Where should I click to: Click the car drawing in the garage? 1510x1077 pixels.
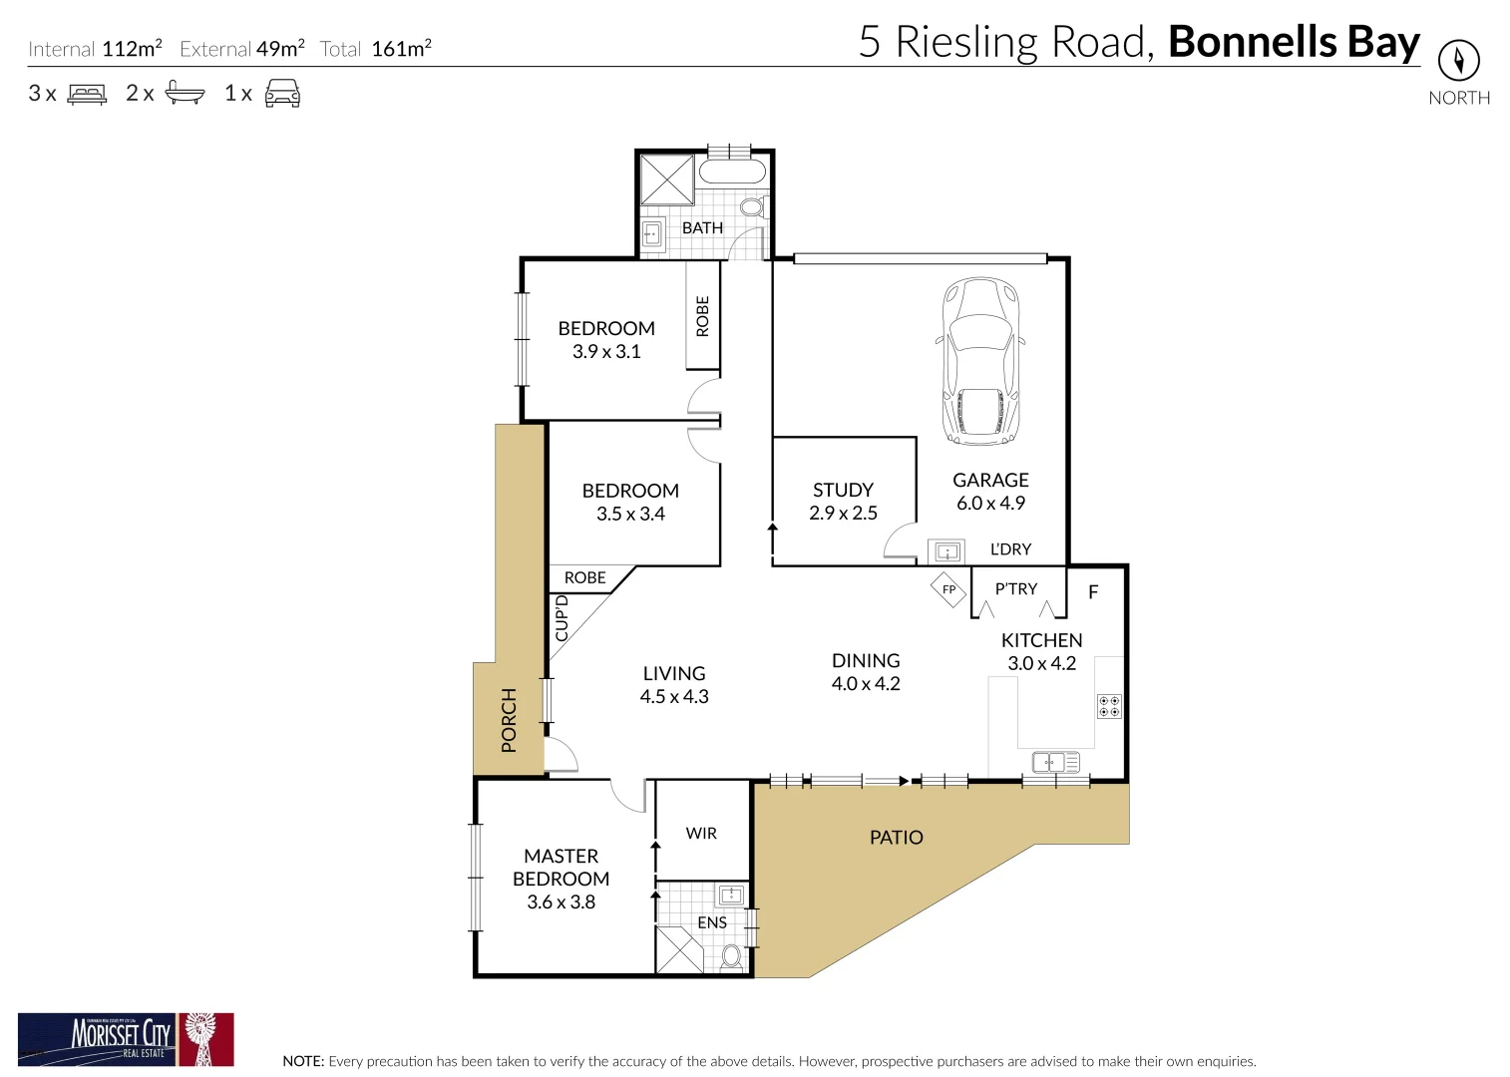[981, 361]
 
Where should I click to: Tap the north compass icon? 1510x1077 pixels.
[1458, 61]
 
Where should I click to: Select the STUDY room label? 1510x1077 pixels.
[843, 490]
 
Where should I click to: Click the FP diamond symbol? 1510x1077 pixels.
[948, 589]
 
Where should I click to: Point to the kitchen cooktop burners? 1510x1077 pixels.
[1109, 706]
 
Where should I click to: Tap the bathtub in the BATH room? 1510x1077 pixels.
[733, 171]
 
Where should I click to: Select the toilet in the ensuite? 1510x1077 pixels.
[733, 956]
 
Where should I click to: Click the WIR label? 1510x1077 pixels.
[701, 834]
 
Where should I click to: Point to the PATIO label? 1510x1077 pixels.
[896, 838]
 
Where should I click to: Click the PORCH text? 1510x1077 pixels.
[509, 719]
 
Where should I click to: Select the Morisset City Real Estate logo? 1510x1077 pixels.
[126, 1040]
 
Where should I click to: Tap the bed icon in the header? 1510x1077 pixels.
[87, 94]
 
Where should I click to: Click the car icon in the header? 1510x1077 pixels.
[282, 94]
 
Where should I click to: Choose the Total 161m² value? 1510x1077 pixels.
[401, 49]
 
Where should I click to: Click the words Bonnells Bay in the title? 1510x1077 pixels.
[1294, 42]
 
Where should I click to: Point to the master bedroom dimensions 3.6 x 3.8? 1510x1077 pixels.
[561, 902]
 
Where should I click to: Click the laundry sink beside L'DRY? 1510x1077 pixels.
[945, 551]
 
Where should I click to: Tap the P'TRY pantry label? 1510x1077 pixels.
[1016, 589]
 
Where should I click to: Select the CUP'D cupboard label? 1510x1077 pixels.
[562, 618]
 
